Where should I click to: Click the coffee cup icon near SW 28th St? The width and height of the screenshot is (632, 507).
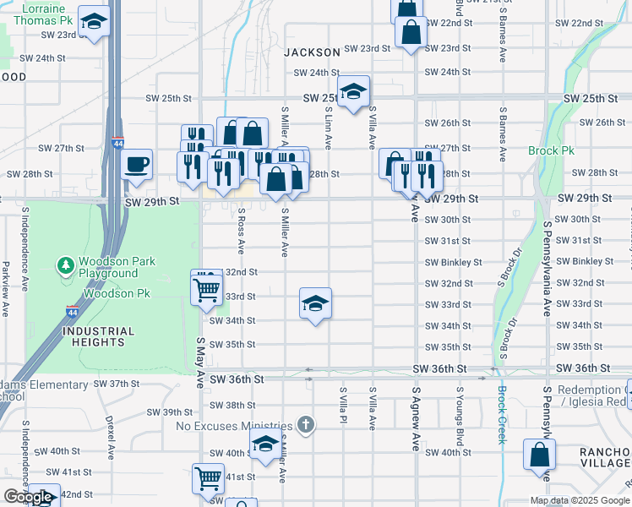pyautogui.click(x=136, y=164)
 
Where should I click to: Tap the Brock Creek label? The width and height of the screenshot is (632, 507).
pyautogui.click(x=501, y=415)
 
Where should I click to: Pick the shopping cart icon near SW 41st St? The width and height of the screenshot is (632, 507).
pyautogui.click(x=208, y=478)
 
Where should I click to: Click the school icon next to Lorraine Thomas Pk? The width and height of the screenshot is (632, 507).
pyautogui.click(x=95, y=23)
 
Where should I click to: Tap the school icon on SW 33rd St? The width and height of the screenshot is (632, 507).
pyautogui.click(x=315, y=303)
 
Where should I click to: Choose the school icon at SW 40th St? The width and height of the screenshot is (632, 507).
pyautogui.click(x=265, y=444)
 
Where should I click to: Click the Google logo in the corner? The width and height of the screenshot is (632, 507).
pyautogui.click(x=29, y=497)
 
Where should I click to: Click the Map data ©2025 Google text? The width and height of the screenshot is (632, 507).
pyautogui.click(x=579, y=500)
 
